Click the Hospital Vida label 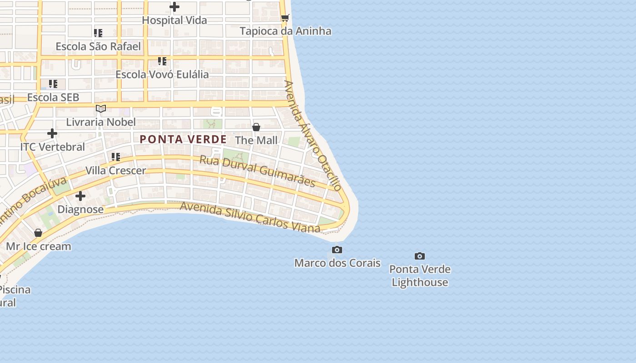tap(174, 20)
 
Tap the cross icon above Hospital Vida tap(174, 7)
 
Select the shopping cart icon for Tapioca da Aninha tap(285, 18)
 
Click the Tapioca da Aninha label tap(285, 31)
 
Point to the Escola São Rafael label tap(98, 46)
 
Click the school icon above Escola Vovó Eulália tap(162, 61)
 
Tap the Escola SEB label tap(53, 97)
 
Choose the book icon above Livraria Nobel tap(101, 109)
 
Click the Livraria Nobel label tap(101, 122)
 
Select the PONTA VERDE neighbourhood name tap(183, 139)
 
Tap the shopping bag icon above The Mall tap(256, 127)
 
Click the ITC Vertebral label tap(53, 147)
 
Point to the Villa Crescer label tap(116, 171)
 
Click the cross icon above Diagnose tap(80, 196)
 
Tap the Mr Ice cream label tap(39, 246)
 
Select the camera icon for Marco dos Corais tap(337, 250)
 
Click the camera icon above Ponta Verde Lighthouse tap(420, 256)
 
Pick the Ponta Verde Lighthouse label tap(420, 275)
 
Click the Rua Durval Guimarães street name tap(258, 171)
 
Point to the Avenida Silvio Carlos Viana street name tap(250, 218)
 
